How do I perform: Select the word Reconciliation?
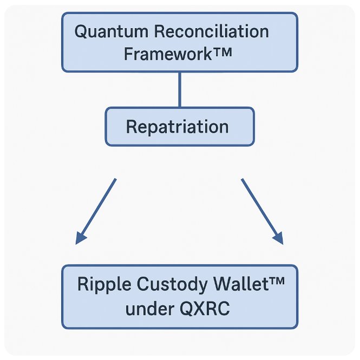(211, 31)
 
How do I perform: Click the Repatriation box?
(179, 127)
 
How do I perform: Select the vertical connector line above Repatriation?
(179, 89)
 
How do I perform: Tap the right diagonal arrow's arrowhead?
(278, 238)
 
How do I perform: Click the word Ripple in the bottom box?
(99, 285)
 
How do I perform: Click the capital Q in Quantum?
(81, 31)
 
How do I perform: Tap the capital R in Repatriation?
(131, 127)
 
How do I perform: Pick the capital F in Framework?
(128, 55)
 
